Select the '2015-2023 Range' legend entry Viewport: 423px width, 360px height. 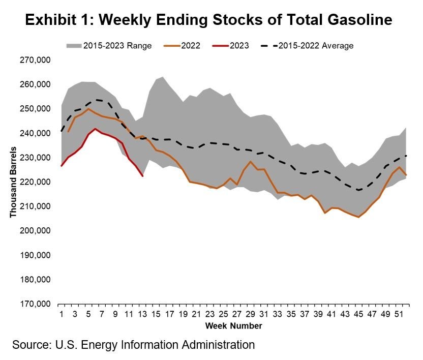[x=117, y=45]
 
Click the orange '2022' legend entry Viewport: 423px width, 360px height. [x=190, y=45]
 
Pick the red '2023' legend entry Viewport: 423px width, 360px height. [x=239, y=45]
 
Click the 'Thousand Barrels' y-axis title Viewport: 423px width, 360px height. [x=13, y=182]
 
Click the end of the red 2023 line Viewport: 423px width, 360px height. [x=143, y=176]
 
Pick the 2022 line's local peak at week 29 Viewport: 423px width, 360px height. [x=250, y=162]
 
